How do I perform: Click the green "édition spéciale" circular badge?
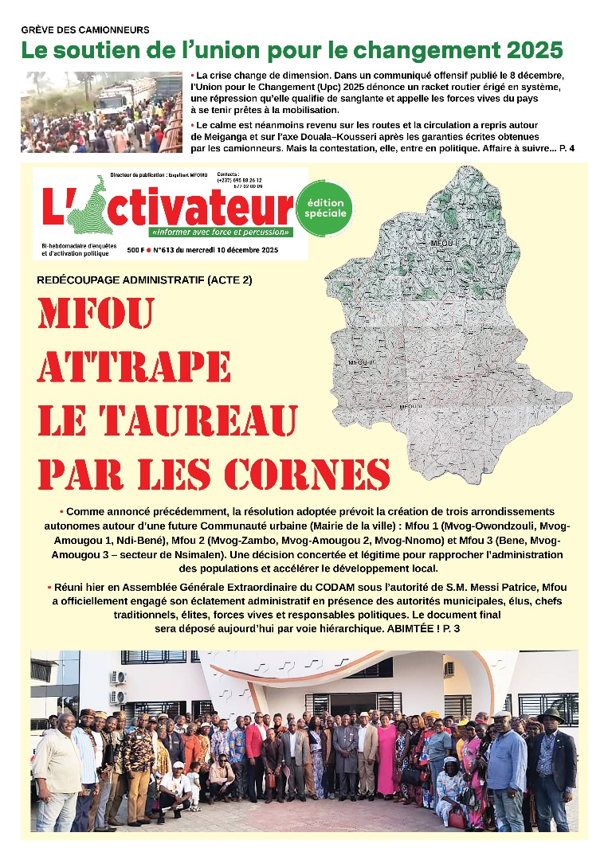click(324, 209)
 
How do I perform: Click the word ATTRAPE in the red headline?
click(135, 368)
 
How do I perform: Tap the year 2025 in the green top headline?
click(527, 50)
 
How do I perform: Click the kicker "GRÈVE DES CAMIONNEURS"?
click(85, 29)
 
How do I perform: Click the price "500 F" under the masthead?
click(135, 251)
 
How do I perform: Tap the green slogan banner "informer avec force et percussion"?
click(220, 233)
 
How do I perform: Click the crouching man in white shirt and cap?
click(175, 788)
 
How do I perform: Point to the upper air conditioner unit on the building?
click(119, 678)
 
